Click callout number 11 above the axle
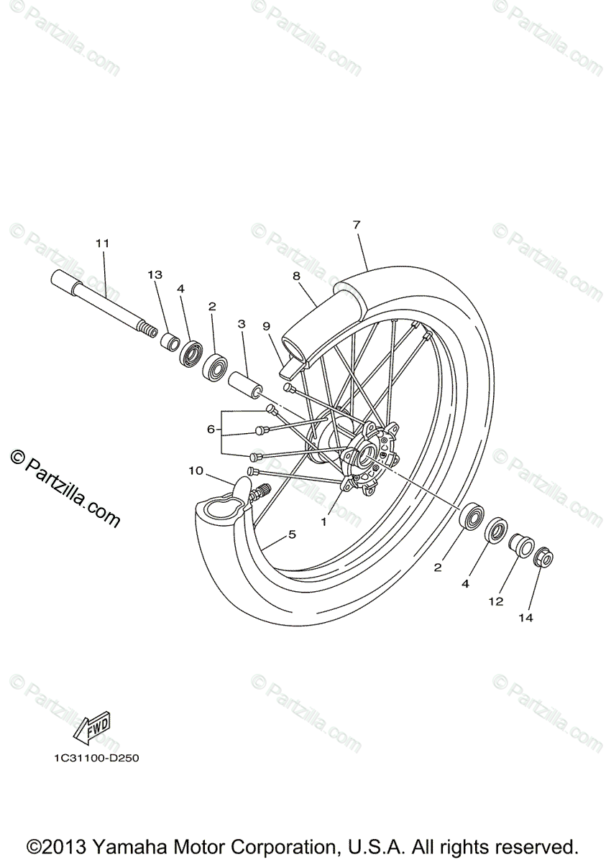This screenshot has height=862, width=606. [102, 244]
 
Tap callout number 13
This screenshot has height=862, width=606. [155, 274]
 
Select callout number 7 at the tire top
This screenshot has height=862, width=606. [357, 225]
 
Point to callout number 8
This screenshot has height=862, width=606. [296, 275]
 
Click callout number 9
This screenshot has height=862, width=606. [266, 326]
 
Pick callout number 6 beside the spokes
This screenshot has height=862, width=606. [211, 429]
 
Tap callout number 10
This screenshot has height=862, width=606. [196, 471]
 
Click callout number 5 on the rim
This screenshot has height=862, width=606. [292, 534]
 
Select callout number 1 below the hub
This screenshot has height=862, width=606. [324, 522]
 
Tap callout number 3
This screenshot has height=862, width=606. [242, 324]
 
